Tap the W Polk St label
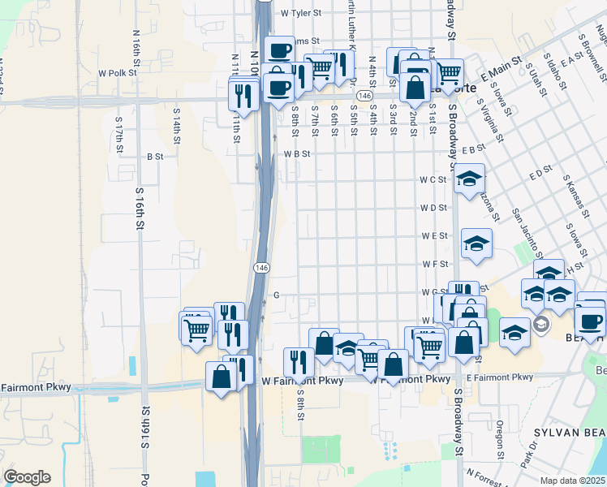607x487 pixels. pos(117,72)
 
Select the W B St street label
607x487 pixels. pos(297,153)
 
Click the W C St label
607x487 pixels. pos(433,179)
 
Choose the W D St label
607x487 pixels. pos(433,208)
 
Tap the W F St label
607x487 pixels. pos(434,264)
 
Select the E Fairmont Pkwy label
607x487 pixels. pos(500,377)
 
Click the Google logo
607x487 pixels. pos(27,477)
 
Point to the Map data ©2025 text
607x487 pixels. pos(573,481)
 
